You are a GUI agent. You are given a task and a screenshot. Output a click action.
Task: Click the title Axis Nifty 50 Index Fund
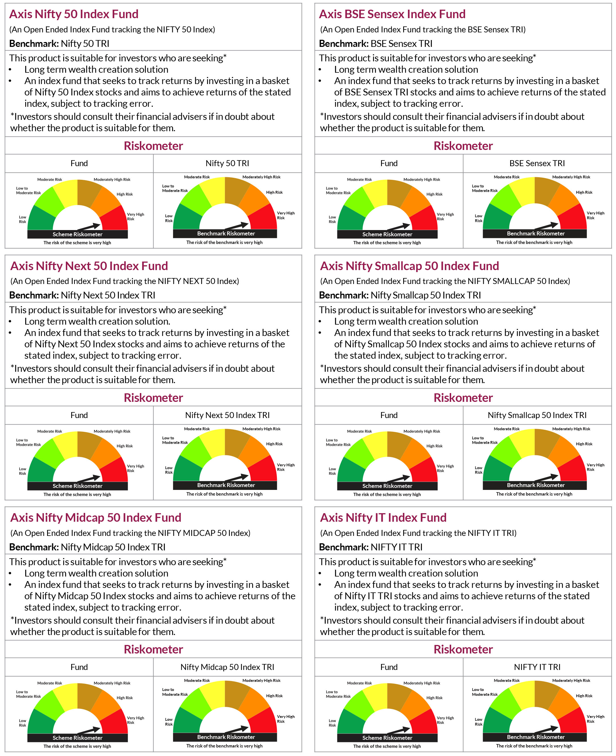(x=74, y=14)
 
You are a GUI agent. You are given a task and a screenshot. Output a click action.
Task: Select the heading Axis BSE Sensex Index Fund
(x=392, y=14)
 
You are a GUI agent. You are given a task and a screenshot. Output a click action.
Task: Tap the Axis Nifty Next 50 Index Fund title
(x=89, y=266)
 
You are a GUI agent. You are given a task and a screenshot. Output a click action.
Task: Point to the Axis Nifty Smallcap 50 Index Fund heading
(x=409, y=266)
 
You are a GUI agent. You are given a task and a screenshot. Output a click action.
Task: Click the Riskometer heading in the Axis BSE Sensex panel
(x=463, y=146)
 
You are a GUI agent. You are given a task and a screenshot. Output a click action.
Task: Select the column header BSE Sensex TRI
(x=537, y=163)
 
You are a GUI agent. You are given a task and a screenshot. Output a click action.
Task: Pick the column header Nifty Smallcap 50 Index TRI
(x=537, y=415)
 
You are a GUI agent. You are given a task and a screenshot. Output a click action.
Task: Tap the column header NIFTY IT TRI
(x=537, y=667)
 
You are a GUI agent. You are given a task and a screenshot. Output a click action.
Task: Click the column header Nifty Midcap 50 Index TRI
(x=227, y=667)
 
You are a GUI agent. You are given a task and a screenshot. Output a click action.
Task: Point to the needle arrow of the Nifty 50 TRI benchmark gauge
(x=237, y=226)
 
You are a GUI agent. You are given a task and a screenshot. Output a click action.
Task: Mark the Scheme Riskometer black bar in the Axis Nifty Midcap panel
(x=77, y=738)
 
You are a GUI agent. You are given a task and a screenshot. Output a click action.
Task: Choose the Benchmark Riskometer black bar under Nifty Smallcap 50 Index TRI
(x=535, y=485)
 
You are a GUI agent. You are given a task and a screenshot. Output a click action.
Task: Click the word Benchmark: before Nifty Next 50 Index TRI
(x=34, y=295)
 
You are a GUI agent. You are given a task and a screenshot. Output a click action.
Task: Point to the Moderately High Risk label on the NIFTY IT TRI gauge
(x=571, y=680)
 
